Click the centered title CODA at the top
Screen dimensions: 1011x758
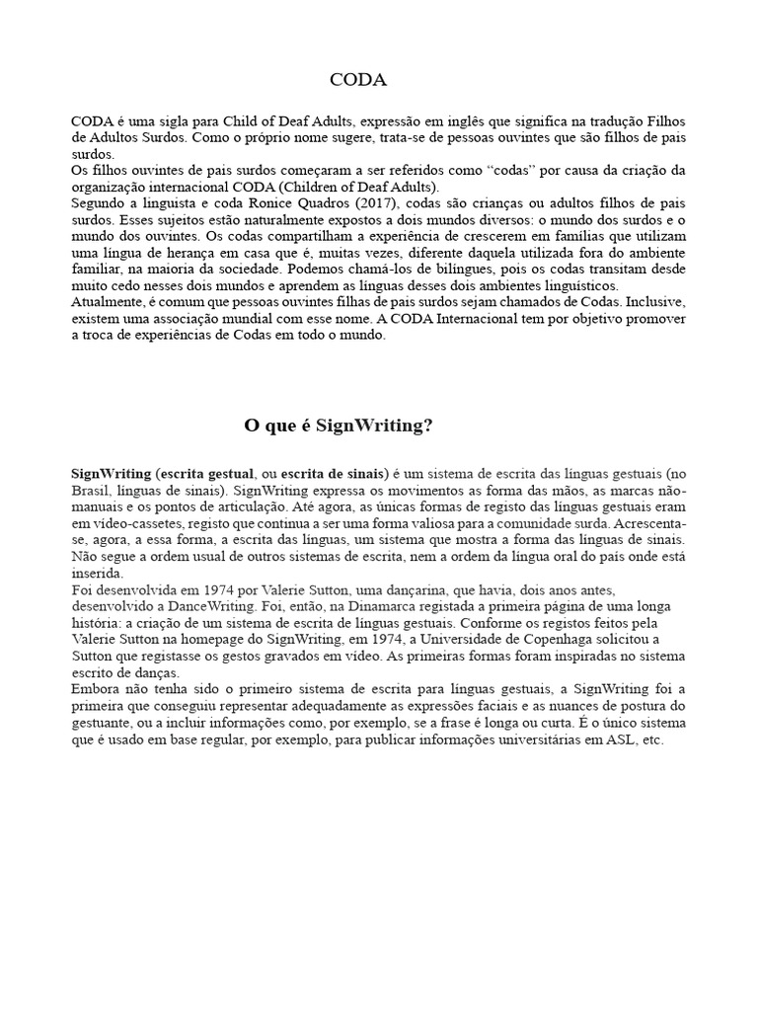[357, 79]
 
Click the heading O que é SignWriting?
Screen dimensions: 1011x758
[339, 426]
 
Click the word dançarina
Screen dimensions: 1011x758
[379, 587]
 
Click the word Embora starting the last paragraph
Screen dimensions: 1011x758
[96, 688]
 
